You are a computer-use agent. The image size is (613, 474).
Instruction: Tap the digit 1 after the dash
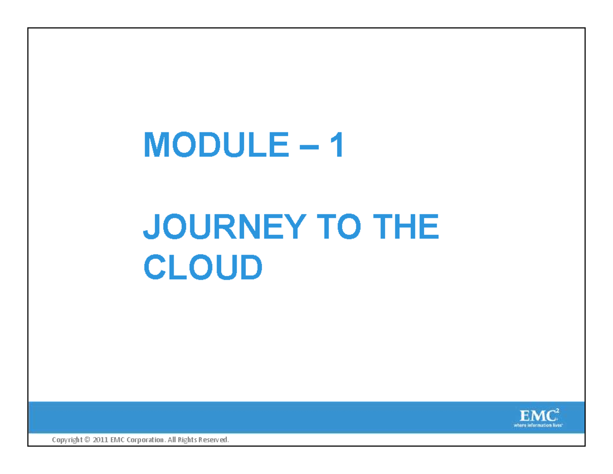[337, 145]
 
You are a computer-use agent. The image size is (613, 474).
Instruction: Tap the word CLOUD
[203, 268]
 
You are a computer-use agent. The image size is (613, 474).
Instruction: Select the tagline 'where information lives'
[538, 424]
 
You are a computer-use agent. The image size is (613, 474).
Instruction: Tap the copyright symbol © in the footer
[87, 440]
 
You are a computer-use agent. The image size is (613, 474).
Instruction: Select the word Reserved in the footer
[215, 440]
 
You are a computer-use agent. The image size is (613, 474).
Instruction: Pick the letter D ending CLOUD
[250, 268]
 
